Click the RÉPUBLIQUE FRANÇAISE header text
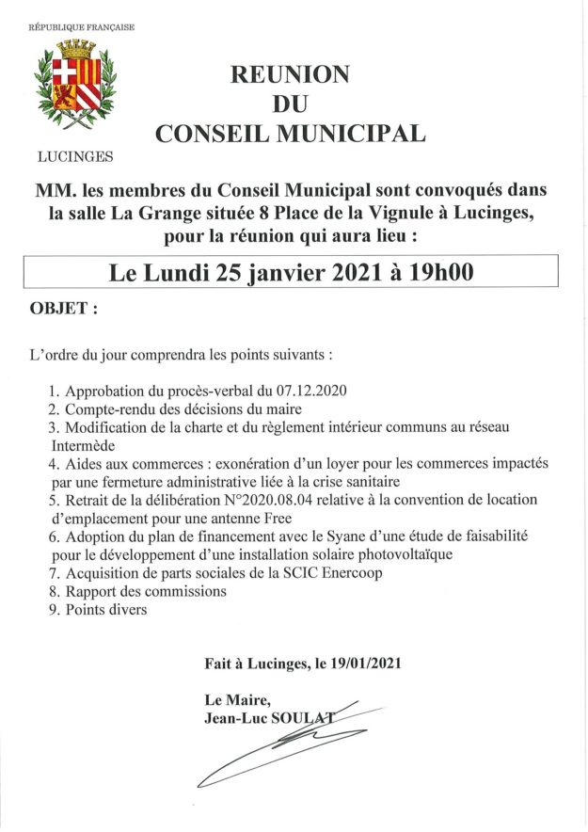[x=82, y=27]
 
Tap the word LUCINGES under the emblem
[x=75, y=156]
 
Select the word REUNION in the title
[x=291, y=75]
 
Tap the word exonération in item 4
[x=258, y=463]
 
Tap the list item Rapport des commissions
[x=145, y=591]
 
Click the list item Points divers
[x=105, y=609]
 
